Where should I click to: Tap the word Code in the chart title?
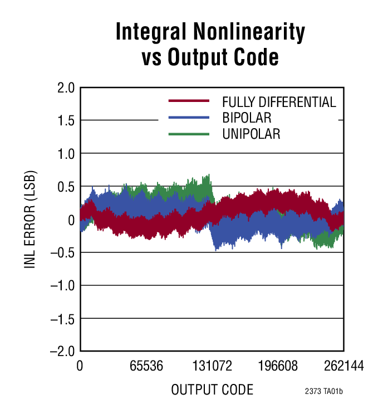click(x=253, y=57)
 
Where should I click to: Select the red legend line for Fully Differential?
click(x=189, y=101)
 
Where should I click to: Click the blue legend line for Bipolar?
click(x=189, y=118)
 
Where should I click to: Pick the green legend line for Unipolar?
click(x=189, y=134)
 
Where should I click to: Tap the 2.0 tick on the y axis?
click(x=65, y=88)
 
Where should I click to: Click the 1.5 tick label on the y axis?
click(x=65, y=121)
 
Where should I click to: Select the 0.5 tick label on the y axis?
click(x=65, y=187)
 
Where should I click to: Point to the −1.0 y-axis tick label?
click(x=61, y=286)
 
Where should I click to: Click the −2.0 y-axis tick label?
click(x=61, y=352)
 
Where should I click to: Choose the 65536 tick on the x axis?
click(x=146, y=367)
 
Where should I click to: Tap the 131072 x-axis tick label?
click(x=212, y=367)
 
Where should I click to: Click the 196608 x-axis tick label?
click(x=278, y=367)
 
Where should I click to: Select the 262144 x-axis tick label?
click(x=342, y=367)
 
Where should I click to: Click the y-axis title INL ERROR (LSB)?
click(x=30, y=220)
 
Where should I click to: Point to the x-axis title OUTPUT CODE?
click(x=212, y=390)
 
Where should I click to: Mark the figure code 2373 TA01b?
click(x=323, y=391)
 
